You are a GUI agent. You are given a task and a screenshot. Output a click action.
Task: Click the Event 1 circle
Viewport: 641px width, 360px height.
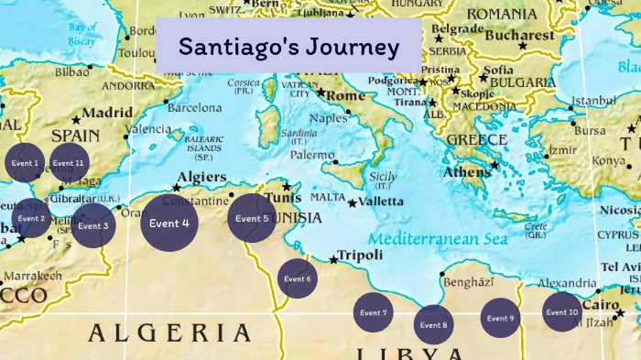(x=24, y=164)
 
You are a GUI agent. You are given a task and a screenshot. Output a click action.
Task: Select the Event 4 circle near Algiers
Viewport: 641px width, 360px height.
(x=170, y=224)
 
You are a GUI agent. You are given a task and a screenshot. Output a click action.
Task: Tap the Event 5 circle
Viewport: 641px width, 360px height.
(x=252, y=219)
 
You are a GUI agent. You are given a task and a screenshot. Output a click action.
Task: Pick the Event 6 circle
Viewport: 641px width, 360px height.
(x=297, y=278)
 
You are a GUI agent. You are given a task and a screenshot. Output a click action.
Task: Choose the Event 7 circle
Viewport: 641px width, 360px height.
(x=373, y=313)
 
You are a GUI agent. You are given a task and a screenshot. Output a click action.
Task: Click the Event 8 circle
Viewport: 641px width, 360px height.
(x=433, y=324)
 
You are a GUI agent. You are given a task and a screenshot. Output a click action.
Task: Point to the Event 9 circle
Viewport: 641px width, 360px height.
(x=500, y=318)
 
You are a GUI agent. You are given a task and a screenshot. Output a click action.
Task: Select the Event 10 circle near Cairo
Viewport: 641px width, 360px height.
(x=562, y=312)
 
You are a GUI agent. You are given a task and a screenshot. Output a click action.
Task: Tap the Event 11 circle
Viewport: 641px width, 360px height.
(x=69, y=164)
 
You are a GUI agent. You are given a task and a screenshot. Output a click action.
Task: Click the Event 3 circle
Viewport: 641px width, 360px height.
(x=92, y=225)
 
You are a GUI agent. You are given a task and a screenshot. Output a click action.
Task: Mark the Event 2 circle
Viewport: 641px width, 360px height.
(x=31, y=219)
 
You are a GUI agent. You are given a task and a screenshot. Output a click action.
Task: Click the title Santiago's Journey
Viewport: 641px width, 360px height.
(x=288, y=46)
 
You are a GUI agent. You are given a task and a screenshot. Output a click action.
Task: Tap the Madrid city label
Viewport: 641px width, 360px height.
(x=108, y=114)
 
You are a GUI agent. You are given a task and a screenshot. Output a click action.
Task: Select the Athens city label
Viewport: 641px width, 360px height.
(x=467, y=172)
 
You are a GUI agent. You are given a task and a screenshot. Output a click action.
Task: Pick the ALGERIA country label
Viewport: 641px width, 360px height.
(x=168, y=333)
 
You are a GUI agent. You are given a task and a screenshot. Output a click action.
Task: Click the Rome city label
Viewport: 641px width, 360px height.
(x=345, y=95)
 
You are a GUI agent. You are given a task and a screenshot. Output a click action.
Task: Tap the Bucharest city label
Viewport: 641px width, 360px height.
(x=520, y=36)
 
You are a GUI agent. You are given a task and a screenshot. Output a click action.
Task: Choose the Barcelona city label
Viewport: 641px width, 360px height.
(x=194, y=107)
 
